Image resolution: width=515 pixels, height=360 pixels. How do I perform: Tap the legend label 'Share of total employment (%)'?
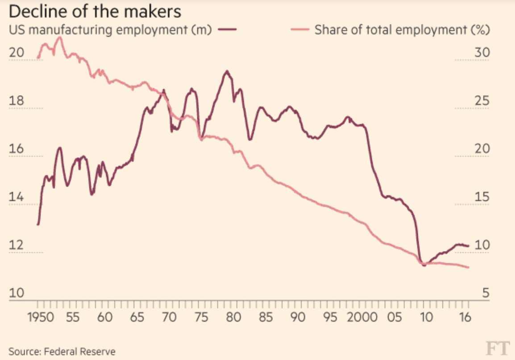(x=402, y=30)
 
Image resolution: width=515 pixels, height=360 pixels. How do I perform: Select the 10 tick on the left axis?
(x=17, y=294)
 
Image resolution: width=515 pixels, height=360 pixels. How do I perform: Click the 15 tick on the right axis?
(x=481, y=197)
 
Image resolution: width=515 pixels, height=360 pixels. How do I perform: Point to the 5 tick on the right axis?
(x=485, y=294)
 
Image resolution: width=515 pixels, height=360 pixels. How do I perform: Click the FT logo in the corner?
(x=498, y=348)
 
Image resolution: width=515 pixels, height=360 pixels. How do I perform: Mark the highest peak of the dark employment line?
(x=227, y=71)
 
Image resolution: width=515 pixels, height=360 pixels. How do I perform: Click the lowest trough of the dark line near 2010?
(x=424, y=265)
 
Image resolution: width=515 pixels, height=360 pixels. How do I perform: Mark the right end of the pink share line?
(x=469, y=268)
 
